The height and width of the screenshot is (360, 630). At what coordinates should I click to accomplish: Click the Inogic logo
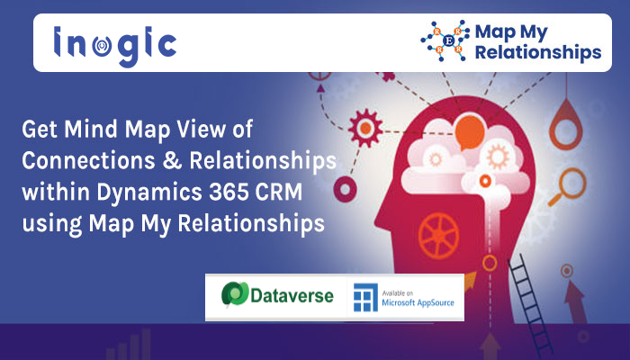[x=115, y=45]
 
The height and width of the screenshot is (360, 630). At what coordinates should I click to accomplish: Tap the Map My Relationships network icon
[x=445, y=40]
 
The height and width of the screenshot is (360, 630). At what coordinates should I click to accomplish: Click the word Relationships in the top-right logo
[x=538, y=52]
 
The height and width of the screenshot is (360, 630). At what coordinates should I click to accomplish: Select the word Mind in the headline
[x=91, y=130]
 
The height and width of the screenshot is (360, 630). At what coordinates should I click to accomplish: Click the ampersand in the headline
[x=172, y=160]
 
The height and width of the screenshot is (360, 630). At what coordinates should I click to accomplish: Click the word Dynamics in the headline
[x=149, y=193]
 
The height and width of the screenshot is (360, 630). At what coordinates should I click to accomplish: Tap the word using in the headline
[x=52, y=225]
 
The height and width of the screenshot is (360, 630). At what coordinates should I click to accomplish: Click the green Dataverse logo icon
[x=235, y=294]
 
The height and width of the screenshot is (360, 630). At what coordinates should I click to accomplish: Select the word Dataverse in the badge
[x=292, y=296]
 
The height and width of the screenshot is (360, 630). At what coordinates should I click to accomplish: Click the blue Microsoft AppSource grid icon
[x=365, y=298]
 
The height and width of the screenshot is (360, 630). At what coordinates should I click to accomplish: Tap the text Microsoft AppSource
[x=418, y=302]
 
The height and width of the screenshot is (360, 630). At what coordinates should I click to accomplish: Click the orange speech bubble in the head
[x=469, y=131]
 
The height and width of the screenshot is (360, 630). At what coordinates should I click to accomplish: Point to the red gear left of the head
[x=365, y=128]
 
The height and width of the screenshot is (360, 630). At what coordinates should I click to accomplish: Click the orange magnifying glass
[x=568, y=187]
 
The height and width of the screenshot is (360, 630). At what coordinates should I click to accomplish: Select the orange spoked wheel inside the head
[x=438, y=235]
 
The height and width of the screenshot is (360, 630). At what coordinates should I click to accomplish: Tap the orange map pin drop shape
[x=566, y=124]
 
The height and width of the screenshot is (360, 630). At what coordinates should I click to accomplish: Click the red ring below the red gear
[x=345, y=188]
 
